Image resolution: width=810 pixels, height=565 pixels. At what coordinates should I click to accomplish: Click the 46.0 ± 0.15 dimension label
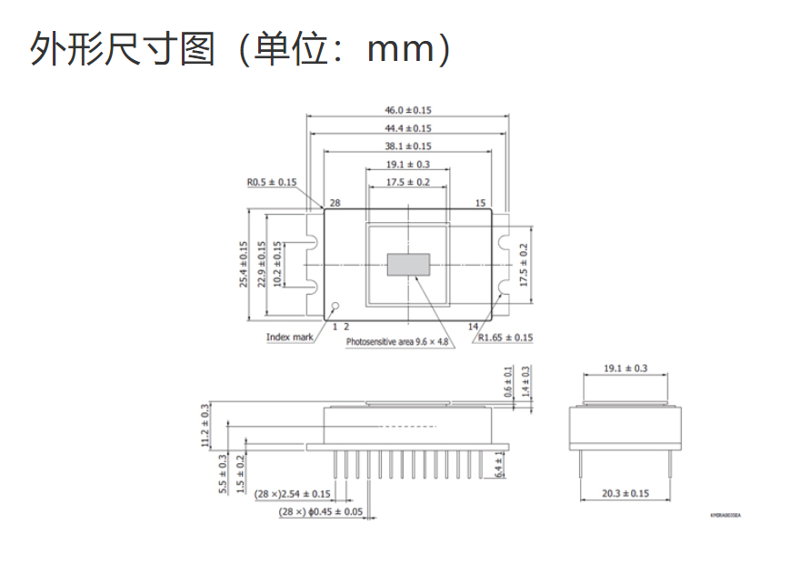pos(408,110)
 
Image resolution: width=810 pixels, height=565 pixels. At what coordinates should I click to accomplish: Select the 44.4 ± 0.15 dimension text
pos(408,128)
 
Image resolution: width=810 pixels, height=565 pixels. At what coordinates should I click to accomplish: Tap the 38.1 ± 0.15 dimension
pos(408,146)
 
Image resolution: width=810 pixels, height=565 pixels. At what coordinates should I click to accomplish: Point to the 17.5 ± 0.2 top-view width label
pos(408,182)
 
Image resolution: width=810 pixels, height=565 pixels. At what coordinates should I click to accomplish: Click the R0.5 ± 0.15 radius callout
pos(272,182)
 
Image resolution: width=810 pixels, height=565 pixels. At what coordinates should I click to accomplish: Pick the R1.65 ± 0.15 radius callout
pos(505,338)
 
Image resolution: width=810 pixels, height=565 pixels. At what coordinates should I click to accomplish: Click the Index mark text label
pos(290,337)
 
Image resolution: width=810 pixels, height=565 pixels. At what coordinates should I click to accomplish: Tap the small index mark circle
pos(335,307)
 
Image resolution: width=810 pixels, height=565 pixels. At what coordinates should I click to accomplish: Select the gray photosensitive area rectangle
pos(408,264)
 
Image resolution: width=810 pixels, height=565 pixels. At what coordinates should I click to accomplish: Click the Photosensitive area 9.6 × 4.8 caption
pos(397,342)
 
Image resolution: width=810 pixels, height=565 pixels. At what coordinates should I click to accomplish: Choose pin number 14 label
pos(473,326)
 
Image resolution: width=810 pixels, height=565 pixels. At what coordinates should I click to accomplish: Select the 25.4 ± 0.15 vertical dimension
pos(244,264)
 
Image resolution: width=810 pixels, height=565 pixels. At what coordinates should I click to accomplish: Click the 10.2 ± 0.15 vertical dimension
pos(277,264)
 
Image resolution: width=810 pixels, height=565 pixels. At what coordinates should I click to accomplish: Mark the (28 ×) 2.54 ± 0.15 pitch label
pos(293,494)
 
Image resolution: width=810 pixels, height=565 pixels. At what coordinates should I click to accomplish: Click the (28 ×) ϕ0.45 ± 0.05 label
pos(320,511)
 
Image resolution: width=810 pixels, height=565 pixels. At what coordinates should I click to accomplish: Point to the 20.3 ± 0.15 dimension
pos(625,494)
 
